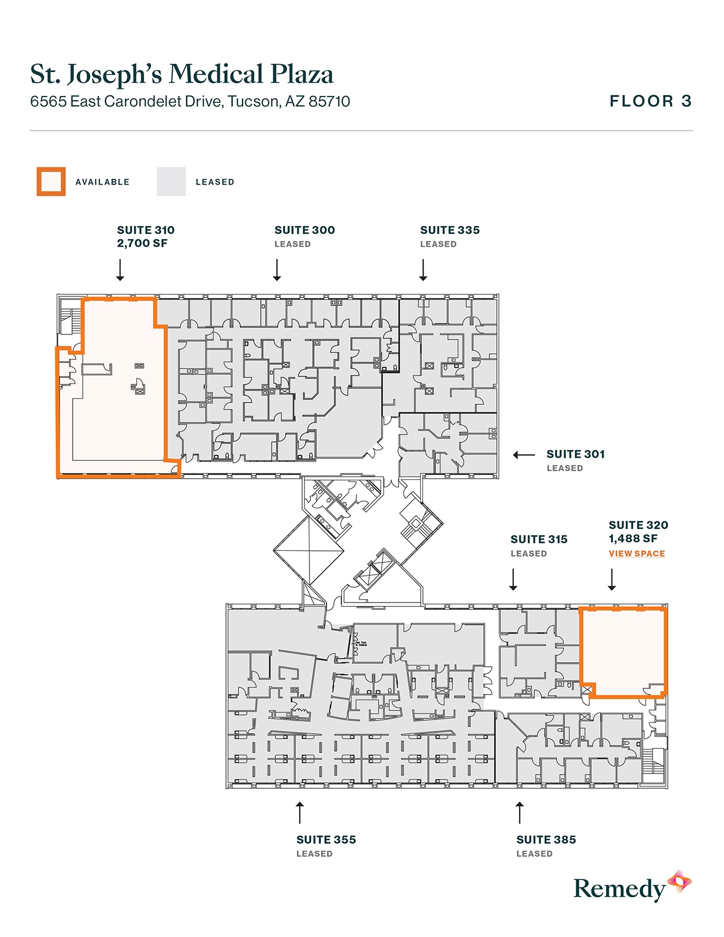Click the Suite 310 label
(145, 230)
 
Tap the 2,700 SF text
(142, 244)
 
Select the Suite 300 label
(304, 230)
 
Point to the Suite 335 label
(450, 230)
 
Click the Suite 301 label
(575, 454)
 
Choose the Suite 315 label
(539, 539)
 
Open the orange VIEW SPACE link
(637, 554)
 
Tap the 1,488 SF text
(633, 539)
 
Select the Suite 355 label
(326, 840)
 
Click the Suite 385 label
(546, 840)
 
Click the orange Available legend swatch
(51, 182)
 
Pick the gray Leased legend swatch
(171, 182)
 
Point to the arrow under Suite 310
(120, 270)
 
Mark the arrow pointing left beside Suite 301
(524, 455)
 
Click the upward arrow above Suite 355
(300, 813)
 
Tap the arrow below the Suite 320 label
(612, 580)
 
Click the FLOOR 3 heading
(650, 102)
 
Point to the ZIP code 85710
(329, 102)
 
